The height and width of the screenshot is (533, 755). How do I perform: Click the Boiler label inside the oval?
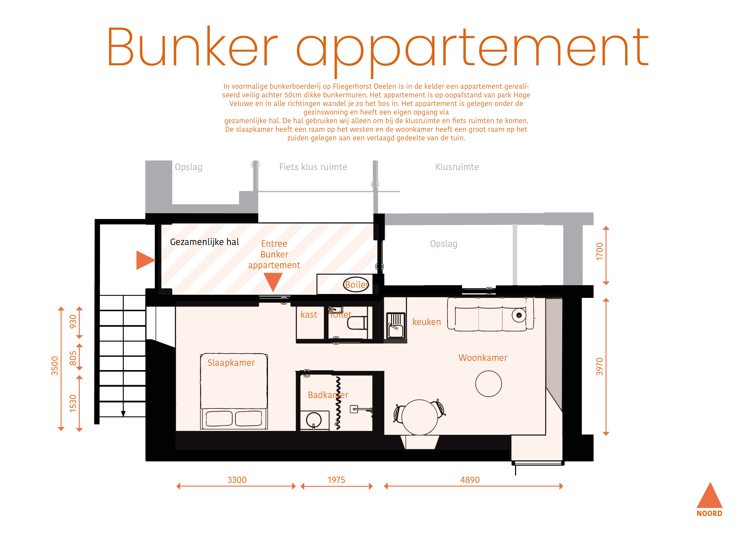point(357,285)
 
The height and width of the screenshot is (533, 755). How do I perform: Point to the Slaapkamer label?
point(231,363)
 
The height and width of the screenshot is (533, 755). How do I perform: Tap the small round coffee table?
point(488,384)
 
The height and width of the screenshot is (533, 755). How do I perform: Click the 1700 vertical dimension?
point(600,251)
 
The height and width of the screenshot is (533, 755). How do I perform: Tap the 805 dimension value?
point(73,358)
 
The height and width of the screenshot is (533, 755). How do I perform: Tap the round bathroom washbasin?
point(314,420)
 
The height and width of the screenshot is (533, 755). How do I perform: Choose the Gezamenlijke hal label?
point(204,242)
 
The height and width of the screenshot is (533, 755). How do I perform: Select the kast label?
point(309,315)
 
